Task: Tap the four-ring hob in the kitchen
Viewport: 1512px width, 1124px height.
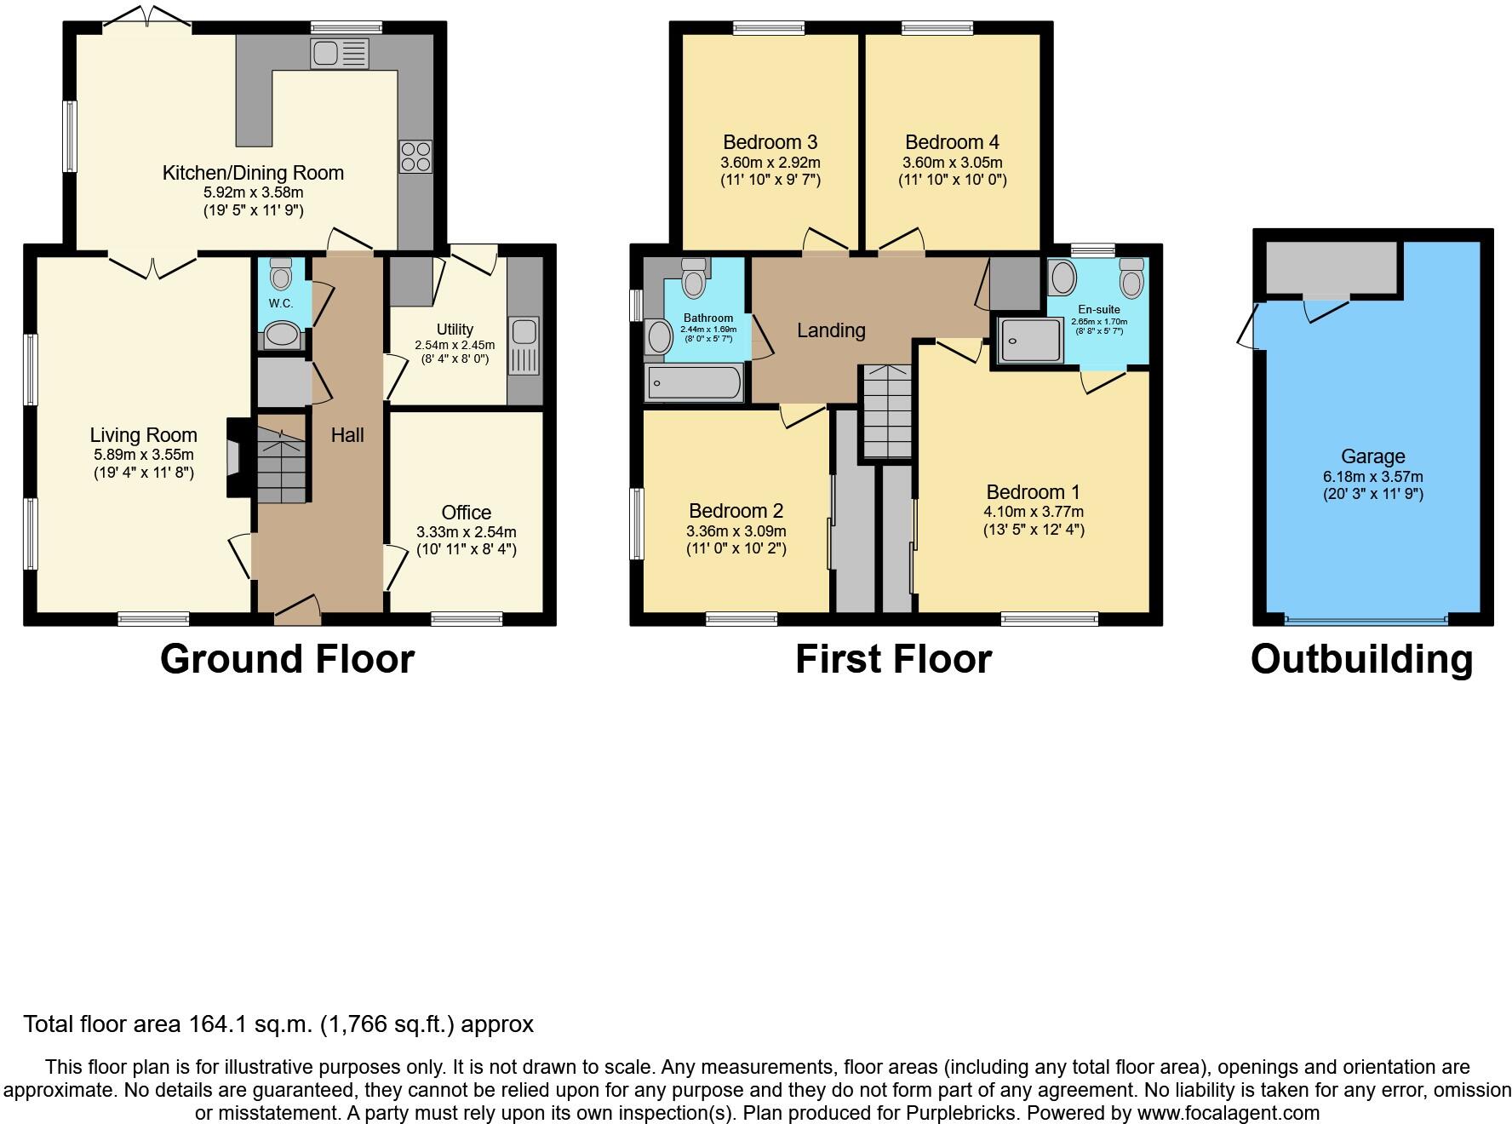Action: click(x=415, y=157)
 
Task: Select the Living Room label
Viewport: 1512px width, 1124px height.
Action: click(x=143, y=435)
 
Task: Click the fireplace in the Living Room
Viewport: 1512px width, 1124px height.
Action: click(x=236, y=457)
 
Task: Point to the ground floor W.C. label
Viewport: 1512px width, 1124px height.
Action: click(x=281, y=303)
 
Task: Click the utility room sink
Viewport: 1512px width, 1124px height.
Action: click(x=522, y=346)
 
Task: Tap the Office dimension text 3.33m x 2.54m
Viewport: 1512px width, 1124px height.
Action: click(x=466, y=531)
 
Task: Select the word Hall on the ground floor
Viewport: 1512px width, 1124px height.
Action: click(x=347, y=435)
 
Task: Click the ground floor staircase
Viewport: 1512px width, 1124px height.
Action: click(x=280, y=466)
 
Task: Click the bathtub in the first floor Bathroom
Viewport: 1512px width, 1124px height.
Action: click(x=694, y=383)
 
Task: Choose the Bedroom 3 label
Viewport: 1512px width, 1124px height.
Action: click(x=770, y=142)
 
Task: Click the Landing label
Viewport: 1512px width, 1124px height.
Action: click(x=831, y=330)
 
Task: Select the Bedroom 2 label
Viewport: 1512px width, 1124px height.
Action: click(x=736, y=511)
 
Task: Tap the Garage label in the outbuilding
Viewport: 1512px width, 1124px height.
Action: click(x=1372, y=456)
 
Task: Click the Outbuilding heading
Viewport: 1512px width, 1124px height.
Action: click(x=1361, y=659)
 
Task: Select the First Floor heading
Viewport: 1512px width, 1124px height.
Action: click(x=893, y=659)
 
